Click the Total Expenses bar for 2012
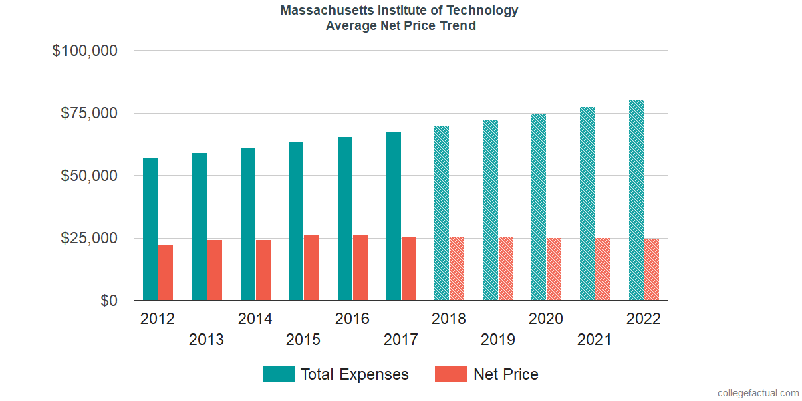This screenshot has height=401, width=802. coord(150,229)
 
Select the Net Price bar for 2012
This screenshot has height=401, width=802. coord(166,273)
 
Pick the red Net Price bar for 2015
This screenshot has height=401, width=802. coord(311,267)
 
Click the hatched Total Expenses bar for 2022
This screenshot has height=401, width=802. coord(636,200)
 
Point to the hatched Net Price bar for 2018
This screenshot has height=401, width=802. coord(457,269)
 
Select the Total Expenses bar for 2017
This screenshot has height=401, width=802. coord(394,217)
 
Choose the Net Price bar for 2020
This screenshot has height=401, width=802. coord(554,269)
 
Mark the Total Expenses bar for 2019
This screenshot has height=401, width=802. coord(491,211)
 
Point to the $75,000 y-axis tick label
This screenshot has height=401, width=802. coord(90,113)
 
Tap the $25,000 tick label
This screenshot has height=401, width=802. coord(90,239)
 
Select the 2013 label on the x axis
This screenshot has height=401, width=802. coord(207,340)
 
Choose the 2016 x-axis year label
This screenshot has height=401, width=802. coord(352,319)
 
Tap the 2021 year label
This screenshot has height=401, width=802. coord(594,340)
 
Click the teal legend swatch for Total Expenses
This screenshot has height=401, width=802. coord(278,374)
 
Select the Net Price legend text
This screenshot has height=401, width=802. coord(505,374)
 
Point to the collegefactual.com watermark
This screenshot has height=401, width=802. coord(757,392)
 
